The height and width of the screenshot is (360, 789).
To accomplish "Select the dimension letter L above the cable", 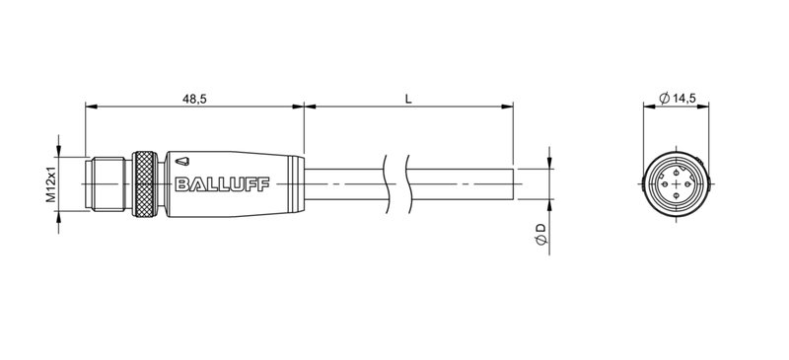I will click(x=407, y=97).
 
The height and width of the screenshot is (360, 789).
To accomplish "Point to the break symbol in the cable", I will click(x=394, y=183).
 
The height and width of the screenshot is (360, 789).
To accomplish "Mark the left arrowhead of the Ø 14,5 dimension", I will click(x=648, y=107).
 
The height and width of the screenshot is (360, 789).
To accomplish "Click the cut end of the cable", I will click(x=513, y=183).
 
